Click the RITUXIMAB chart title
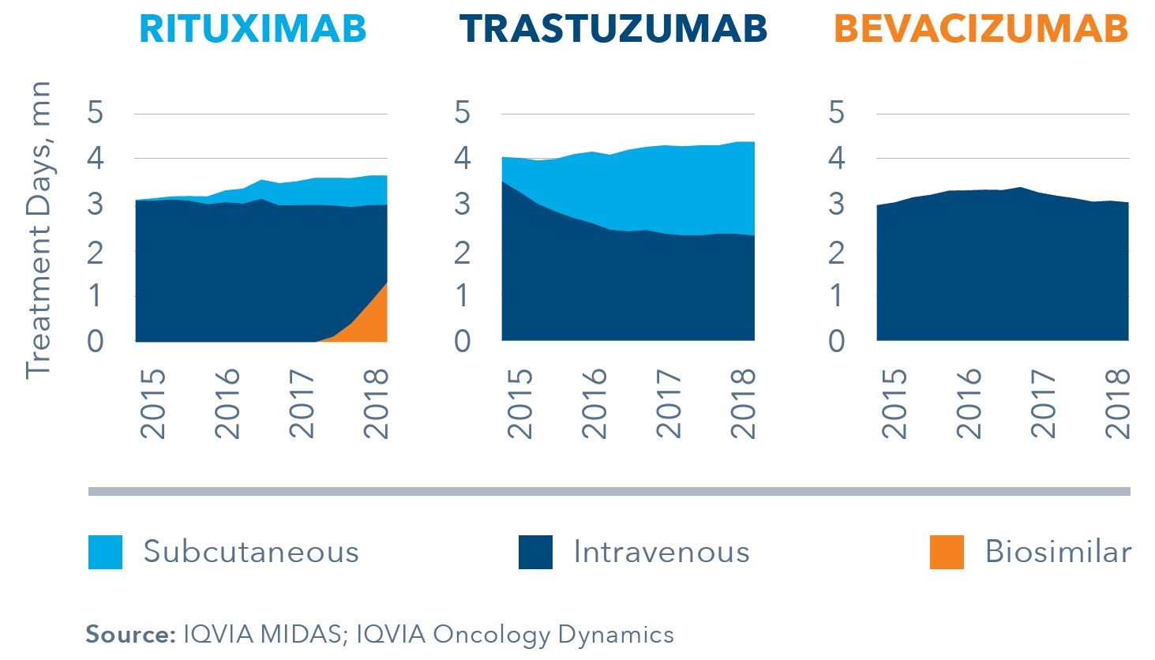(253, 29)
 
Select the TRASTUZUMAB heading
(613, 29)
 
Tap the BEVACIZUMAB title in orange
(981, 29)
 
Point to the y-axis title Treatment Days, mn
(38, 229)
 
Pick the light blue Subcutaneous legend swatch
(105, 552)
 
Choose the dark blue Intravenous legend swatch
(535, 552)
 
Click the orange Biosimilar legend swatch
(947, 552)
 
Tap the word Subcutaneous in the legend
(251, 552)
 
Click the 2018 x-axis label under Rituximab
(377, 403)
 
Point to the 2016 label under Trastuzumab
(595, 403)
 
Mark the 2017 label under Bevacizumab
(1044, 403)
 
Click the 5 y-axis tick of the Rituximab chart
(96, 113)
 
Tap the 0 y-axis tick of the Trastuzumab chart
(463, 342)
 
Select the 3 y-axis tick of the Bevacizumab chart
(836, 204)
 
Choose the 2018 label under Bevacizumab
(1119, 403)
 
